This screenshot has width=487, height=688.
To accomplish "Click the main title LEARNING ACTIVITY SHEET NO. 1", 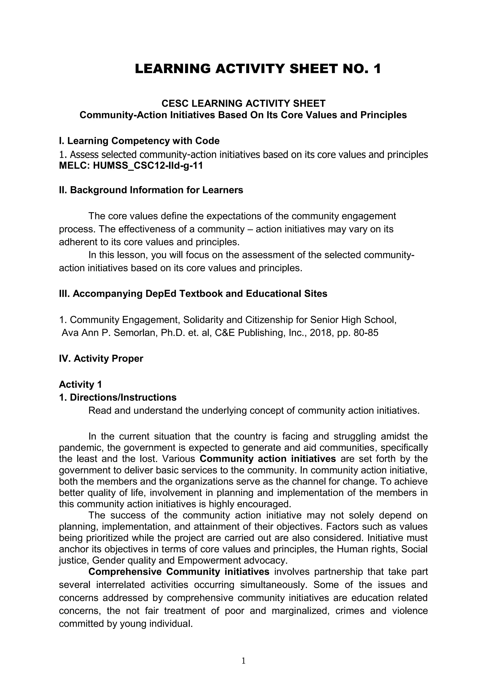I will pos(258,69).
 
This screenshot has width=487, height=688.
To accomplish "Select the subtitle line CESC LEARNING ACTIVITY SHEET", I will pos(243,103).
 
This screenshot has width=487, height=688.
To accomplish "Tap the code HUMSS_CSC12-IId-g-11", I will pos(148,166).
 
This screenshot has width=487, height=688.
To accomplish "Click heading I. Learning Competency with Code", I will pos(139,141).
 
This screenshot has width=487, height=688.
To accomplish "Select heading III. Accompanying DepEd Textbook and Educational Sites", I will pos(193,294).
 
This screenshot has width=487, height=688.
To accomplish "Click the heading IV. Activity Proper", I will pos(101,358).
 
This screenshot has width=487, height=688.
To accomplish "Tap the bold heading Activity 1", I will pos(80,384).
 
